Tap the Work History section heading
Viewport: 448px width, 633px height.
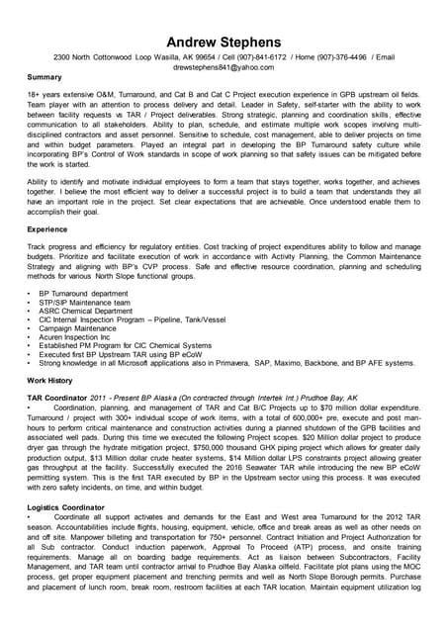tap(49, 380)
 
